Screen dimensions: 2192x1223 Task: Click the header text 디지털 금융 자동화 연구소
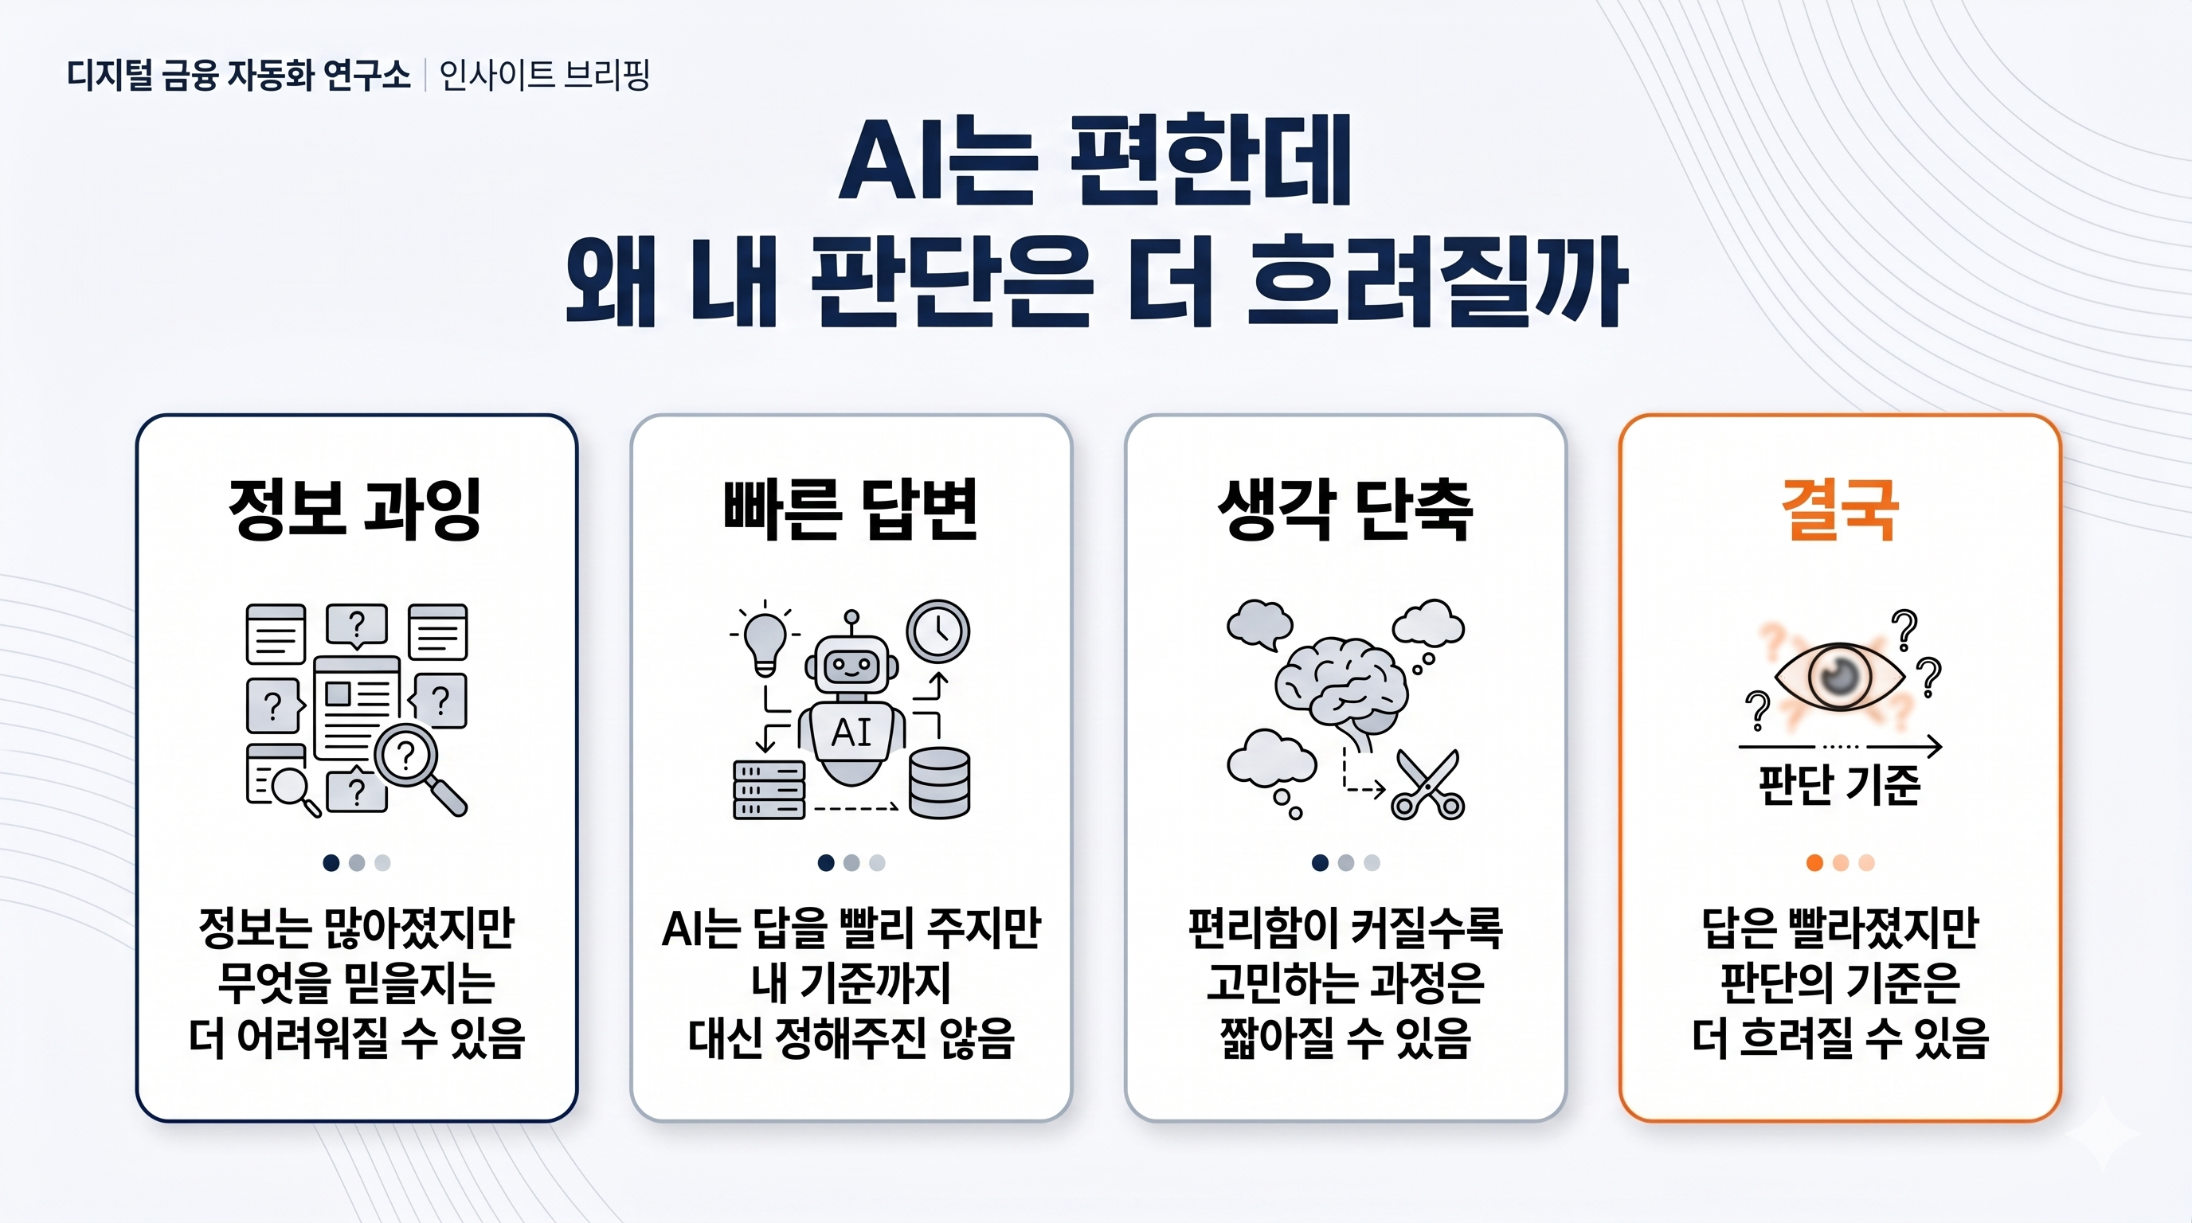click(x=239, y=75)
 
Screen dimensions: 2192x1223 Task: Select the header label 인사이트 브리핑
click(x=545, y=75)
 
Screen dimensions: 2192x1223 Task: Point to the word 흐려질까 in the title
click(x=1436, y=280)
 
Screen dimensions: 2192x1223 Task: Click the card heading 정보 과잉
click(x=356, y=509)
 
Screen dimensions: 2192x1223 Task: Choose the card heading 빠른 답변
click(x=851, y=509)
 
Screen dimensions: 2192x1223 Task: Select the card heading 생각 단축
click(x=1345, y=509)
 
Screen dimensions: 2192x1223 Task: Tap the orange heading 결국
click(x=1840, y=509)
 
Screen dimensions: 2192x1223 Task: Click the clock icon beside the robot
click(x=937, y=632)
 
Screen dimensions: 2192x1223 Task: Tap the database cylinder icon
click(x=939, y=783)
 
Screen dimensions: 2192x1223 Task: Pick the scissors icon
click(x=1428, y=784)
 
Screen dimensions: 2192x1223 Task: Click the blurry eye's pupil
click(x=1839, y=676)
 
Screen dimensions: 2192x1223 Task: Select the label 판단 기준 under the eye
click(x=1840, y=784)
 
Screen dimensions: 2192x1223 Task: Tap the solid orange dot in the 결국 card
click(x=1814, y=863)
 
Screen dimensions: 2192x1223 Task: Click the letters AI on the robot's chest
click(x=851, y=733)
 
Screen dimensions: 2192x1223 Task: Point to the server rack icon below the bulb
click(x=769, y=790)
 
